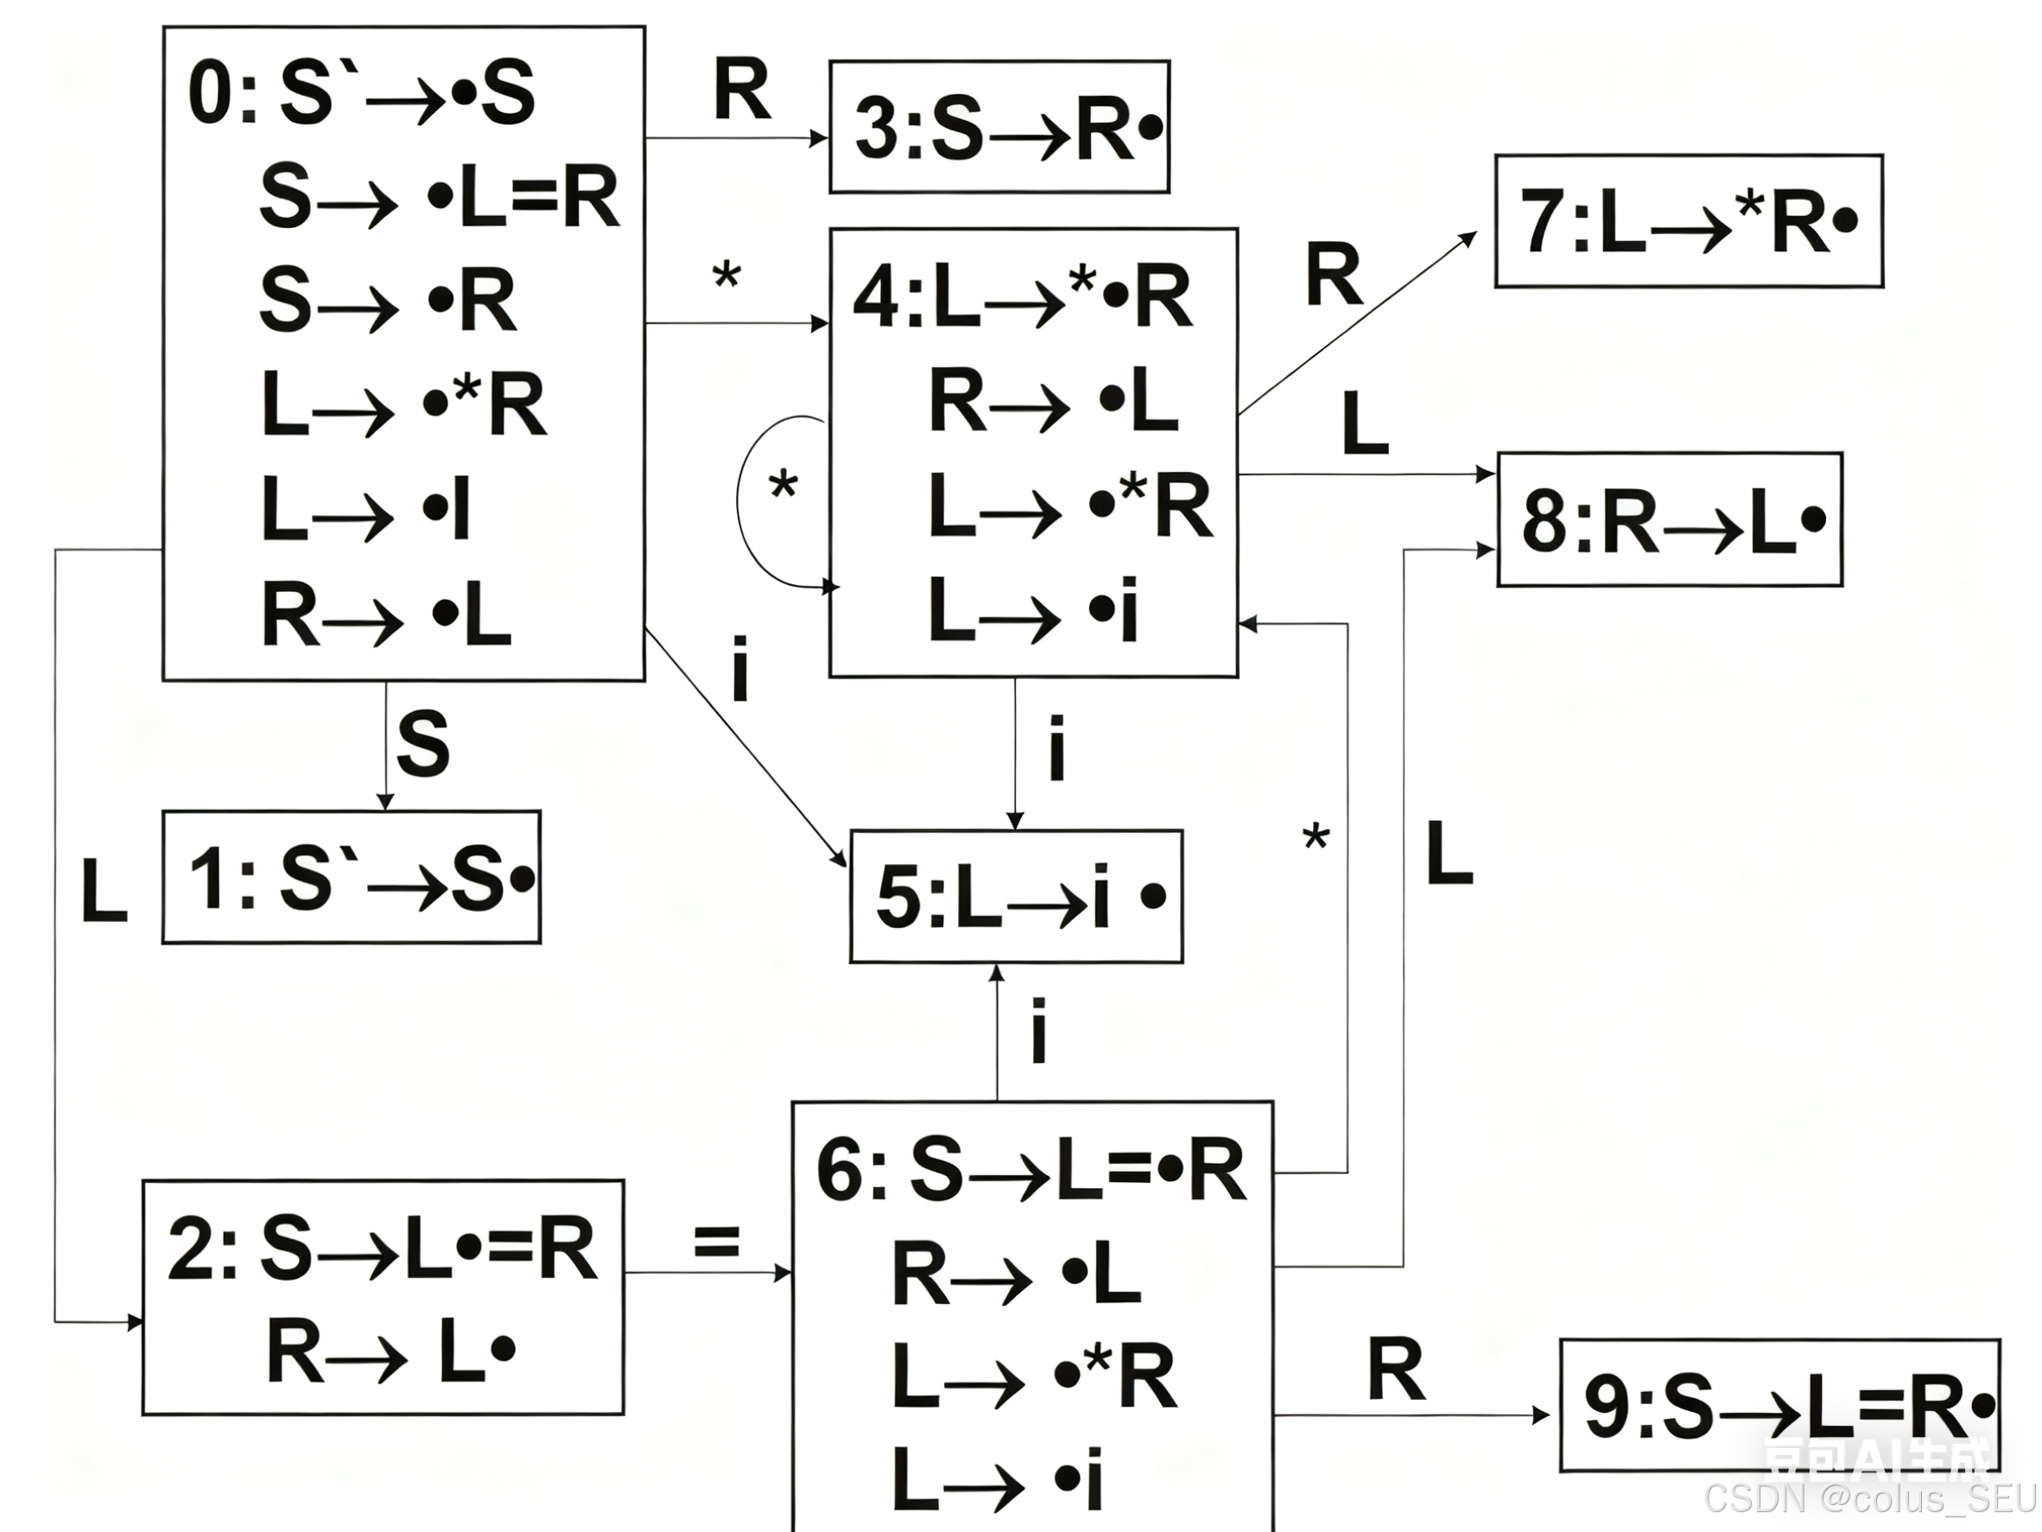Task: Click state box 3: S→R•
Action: point(999,127)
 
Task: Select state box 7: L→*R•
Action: point(1689,221)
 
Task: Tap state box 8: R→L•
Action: point(1669,520)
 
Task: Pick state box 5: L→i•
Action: point(1016,897)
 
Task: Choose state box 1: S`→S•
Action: point(352,877)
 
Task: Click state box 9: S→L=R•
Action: point(1779,1406)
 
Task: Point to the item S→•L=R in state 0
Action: point(439,198)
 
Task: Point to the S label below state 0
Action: point(422,743)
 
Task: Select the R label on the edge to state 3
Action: point(741,91)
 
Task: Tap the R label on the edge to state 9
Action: point(1396,1370)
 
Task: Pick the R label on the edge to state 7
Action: point(1333,275)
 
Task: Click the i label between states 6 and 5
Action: point(1038,1032)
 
